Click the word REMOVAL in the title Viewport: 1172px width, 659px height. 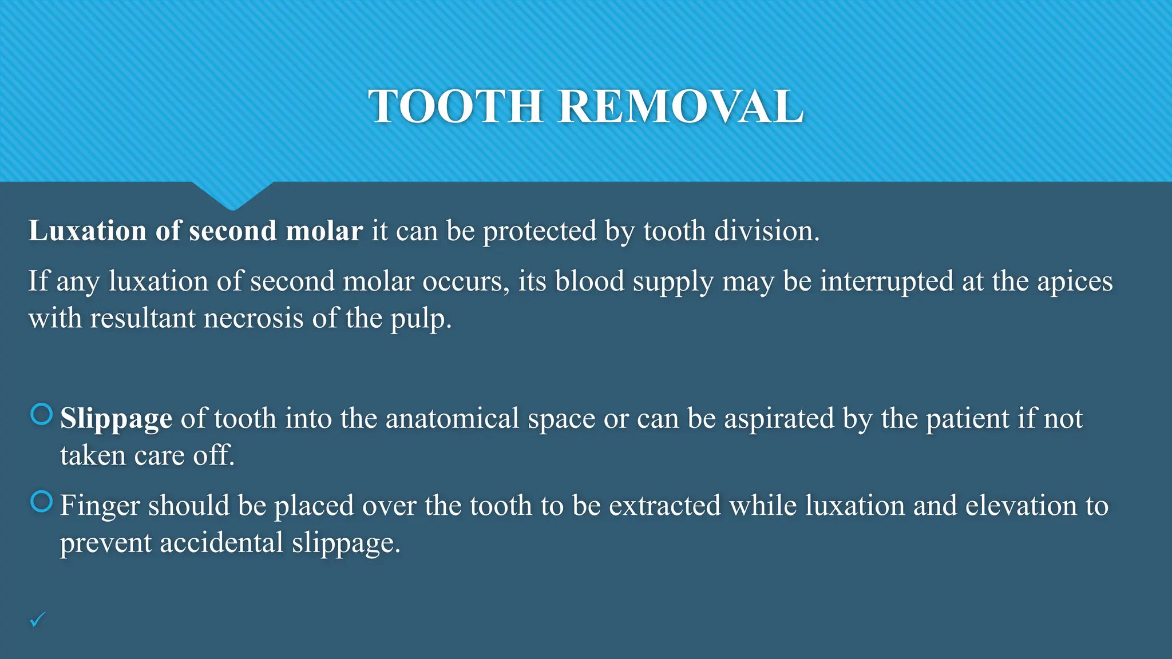point(680,106)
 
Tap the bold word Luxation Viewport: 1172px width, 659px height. point(88,231)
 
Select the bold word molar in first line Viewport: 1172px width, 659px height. point(324,231)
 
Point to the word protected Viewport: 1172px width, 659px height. point(540,231)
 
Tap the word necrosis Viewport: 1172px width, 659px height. point(254,319)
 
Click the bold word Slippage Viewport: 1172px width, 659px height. point(116,419)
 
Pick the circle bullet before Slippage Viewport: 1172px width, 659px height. point(41,414)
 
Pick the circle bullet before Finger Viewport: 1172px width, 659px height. point(41,502)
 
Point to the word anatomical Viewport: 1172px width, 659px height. point(452,419)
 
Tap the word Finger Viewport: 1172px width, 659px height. point(100,506)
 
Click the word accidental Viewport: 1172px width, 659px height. point(221,543)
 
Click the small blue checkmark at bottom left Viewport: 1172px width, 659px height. point(37,620)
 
